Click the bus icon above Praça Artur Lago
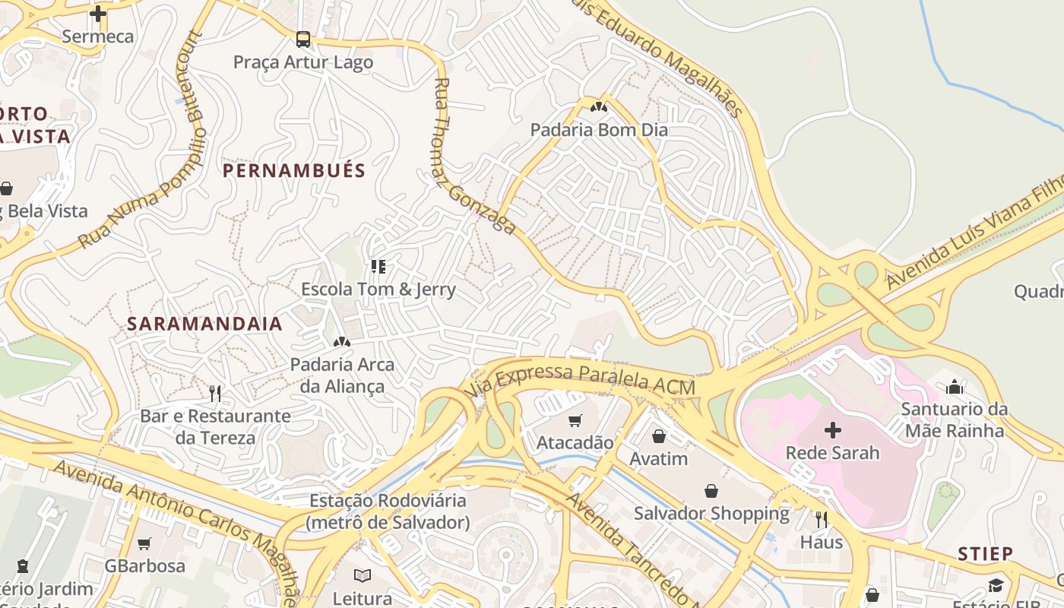coord(303,39)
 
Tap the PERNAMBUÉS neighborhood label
coord(294,170)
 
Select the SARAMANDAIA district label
coord(204,324)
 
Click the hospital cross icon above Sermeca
coord(98,13)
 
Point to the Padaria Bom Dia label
coord(599,130)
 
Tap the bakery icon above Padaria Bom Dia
coord(599,107)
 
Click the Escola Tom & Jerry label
coord(378,290)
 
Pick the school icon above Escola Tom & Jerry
coord(378,266)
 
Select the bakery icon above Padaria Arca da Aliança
coord(342,342)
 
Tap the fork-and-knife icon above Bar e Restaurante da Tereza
coord(215,393)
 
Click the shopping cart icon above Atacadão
coord(575,420)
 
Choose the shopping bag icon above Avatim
coord(659,436)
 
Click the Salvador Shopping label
coord(712,514)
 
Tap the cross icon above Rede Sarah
coord(833,430)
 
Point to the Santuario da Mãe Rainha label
coord(955,420)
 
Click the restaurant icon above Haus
coord(822,520)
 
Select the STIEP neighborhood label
coord(986,553)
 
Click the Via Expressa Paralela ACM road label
coord(581,379)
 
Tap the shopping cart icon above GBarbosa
coord(144,543)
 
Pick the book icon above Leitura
coord(363,575)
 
